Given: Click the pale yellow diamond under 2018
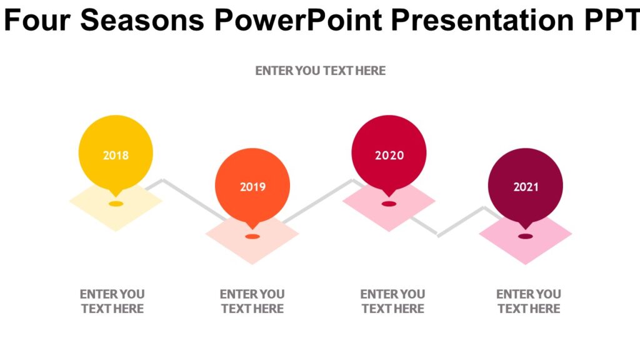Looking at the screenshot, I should pyautogui.click(x=116, y=216).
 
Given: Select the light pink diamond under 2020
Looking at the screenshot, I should pyautogui.click(x=389, y=216).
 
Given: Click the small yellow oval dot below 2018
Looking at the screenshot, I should pyautogui.click(x=116, y=204).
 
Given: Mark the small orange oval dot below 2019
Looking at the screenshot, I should pyautogui.click(x=252, y=237).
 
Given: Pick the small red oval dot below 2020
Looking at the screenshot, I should pyautogui.click(x=389, y=204).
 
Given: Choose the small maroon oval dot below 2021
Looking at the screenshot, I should pyautogui.click(x=526, y=236).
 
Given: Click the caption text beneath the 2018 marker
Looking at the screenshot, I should pyautogui.click(x=112, y=301).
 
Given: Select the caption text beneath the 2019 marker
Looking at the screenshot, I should pyautogui.click(x=252, y=301).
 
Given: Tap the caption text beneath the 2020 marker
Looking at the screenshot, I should pyautogui.click(x=392, y=301).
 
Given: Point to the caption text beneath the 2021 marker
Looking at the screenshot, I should pyautogui.click(x=529, y=301).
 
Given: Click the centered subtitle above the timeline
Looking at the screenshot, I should pyautogui.click(x=321, y=71).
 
